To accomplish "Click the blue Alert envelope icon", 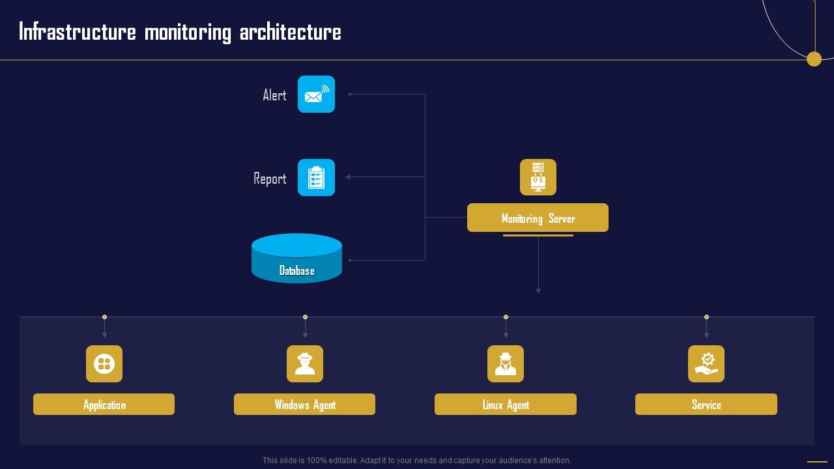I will (x=316, y=94).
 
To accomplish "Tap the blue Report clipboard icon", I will (x=316, y=177).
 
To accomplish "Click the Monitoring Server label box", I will (x=538, y=218).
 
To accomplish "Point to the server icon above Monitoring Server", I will (x=538, y=177).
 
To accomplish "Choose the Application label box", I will (x=104, y=405).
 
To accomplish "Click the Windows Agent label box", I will (x=304, y=405).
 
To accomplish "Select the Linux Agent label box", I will (x=506, y=405).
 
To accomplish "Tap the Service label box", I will (x=706, y=405).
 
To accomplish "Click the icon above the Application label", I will (x=104, y=363).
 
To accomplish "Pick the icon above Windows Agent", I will (x=305, y=363).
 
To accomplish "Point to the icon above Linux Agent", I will (x=506, y=363).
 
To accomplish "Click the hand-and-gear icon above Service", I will (x=706, y=363).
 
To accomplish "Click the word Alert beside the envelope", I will (x=274, y=95).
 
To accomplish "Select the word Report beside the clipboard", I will (x=270, y=178).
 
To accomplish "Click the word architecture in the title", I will (x=290, y=32).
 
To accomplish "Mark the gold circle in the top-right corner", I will (x=814, y=59).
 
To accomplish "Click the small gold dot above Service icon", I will (x=706, y=317).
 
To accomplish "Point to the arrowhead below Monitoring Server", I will (x=538, y=291).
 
